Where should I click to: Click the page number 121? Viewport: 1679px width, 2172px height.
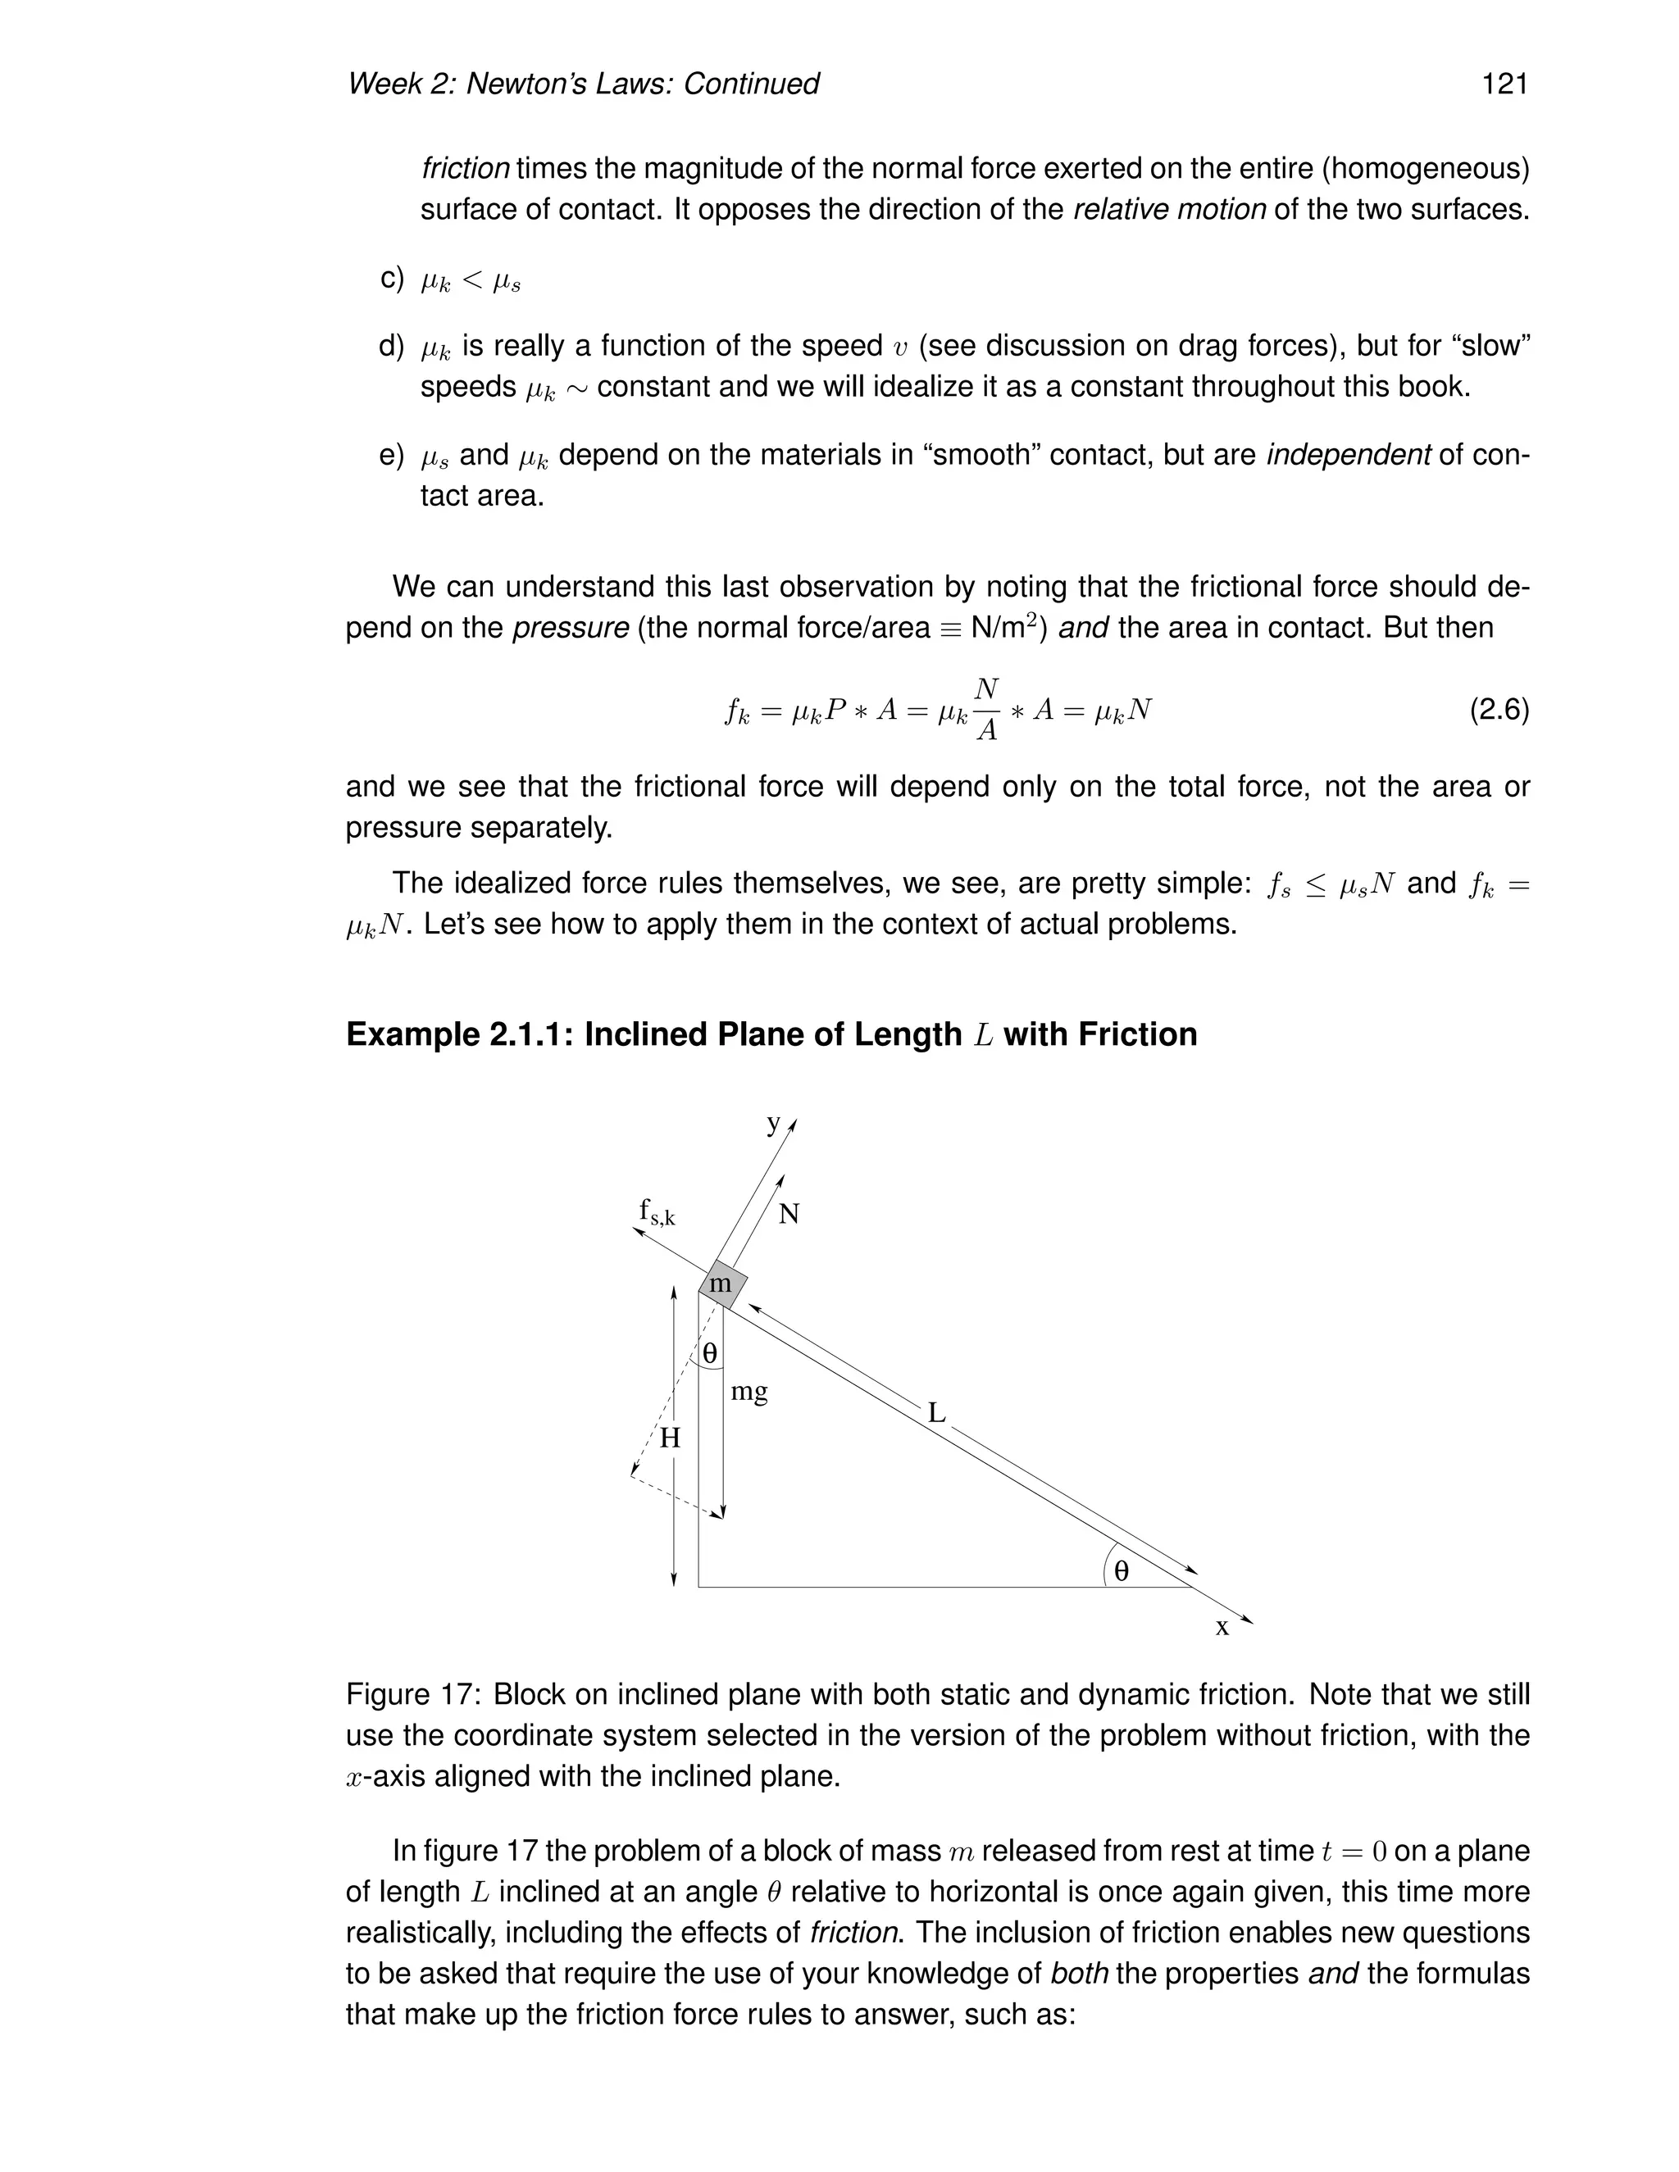coord(1504,84)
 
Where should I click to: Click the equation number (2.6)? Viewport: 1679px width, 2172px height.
coord(1499,710)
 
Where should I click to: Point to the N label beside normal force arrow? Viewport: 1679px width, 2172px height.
coord(789,1215)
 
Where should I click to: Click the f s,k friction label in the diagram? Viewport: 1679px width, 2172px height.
coord(657,1212)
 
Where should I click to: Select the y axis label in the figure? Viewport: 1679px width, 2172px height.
coord(774,1124)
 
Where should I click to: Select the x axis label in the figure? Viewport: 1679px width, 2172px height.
coord(1222,1627)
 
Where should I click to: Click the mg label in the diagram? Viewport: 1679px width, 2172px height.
coord(749,1392)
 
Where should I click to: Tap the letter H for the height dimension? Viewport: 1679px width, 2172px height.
coord(671,1438)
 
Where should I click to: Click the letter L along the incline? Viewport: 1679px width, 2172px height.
coord(936,1412)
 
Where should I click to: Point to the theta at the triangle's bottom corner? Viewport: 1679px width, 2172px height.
coord(1121,1570)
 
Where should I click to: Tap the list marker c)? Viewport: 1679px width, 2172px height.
coord(392,279)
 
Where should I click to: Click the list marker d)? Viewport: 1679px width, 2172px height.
coord(392,346)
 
